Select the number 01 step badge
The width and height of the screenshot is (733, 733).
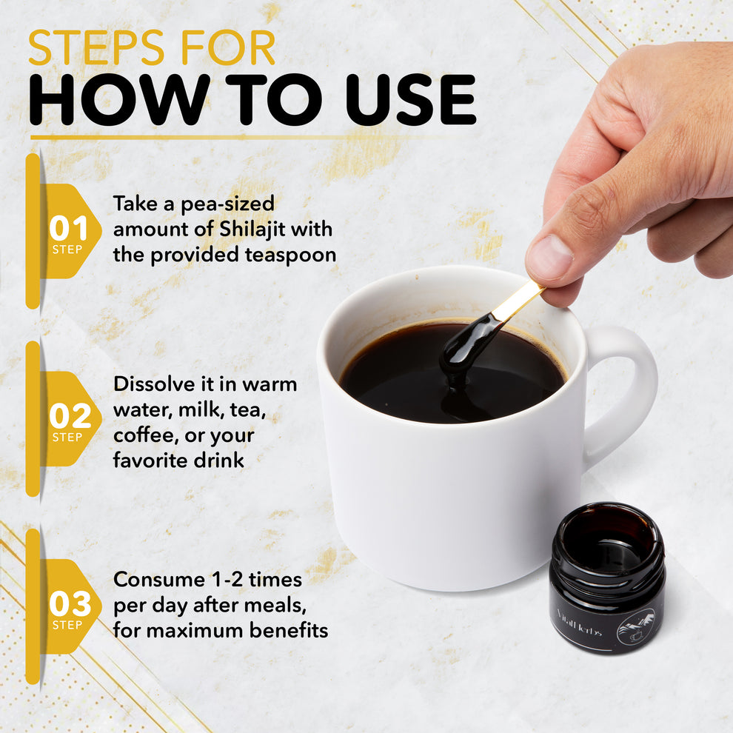[68, 232]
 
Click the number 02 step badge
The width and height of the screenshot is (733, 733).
[68, 419]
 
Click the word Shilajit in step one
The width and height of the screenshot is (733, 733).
[252, 229]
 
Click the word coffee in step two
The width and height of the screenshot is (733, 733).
[142, 435]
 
